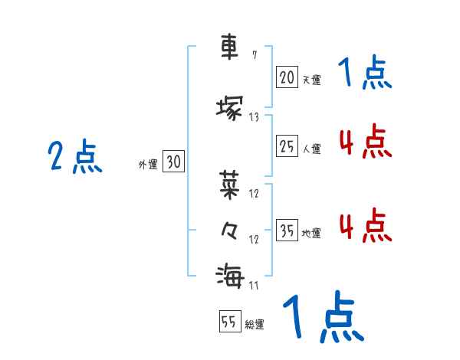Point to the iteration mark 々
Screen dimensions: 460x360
(229, 229)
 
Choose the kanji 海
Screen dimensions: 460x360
(229, 274)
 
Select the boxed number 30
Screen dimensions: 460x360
(173, 161)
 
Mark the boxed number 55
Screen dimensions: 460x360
(229, 322)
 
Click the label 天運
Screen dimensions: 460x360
(311, 79)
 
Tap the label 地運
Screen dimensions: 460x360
(311, 234)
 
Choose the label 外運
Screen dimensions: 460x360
(148, 164)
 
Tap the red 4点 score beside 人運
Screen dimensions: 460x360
(364, 141)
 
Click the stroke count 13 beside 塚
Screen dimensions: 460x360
(254, 117)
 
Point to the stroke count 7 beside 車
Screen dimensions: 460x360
(255, 55)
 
